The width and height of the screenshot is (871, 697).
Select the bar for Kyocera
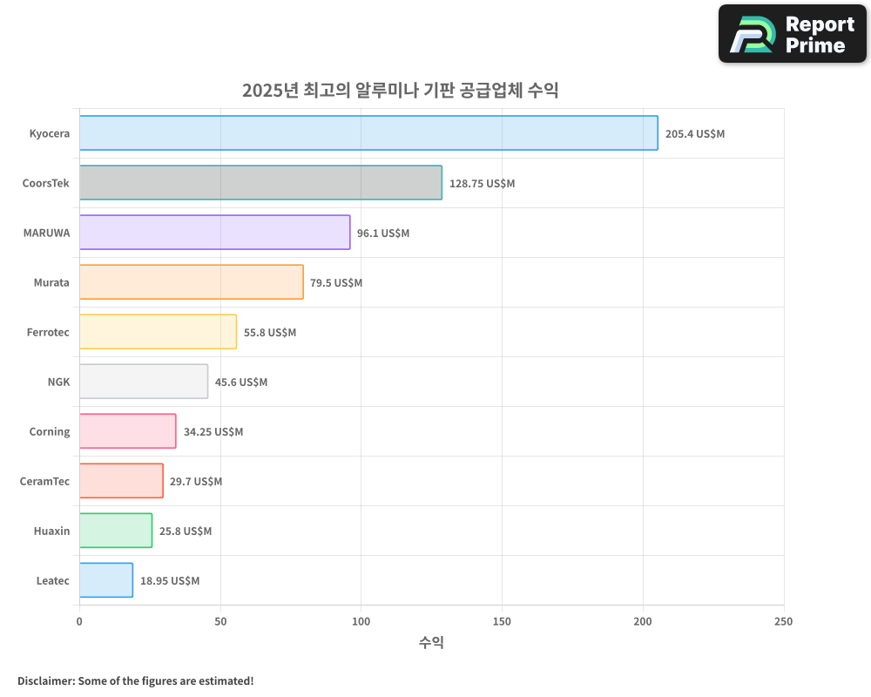tap(368, 133)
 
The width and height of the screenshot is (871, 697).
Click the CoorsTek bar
tap(260, 183)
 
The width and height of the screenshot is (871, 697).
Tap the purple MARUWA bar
tap(214, 233)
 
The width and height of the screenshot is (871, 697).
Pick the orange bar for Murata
tap(192, 282)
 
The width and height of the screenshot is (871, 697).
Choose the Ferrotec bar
tap(158, 332)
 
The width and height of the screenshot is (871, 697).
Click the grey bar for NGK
tap(144, 382)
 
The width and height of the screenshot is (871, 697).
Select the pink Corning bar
tap(127, 431)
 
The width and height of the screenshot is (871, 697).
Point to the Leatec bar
tap(106, 580)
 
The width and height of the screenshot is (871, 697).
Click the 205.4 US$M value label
tap(694, 134)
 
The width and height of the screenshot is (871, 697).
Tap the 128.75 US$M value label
tap(482, 184)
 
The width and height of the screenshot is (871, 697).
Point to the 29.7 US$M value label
tap(196, 482)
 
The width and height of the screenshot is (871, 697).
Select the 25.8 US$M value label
tap(185, 531)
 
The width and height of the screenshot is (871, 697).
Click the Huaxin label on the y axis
tap(51, 531)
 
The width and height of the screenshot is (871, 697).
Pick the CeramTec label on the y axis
tap(44, 482)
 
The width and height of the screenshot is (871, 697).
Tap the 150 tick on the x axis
tap(502, 622)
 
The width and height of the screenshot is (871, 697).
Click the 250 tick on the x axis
tap(783, 622)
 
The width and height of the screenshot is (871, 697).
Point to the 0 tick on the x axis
tap(79, 622)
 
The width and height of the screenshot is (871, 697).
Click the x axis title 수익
tap(431, 643)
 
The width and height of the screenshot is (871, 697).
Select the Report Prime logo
tap(792, 34)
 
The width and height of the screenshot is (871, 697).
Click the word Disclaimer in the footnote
tap(44, 681)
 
